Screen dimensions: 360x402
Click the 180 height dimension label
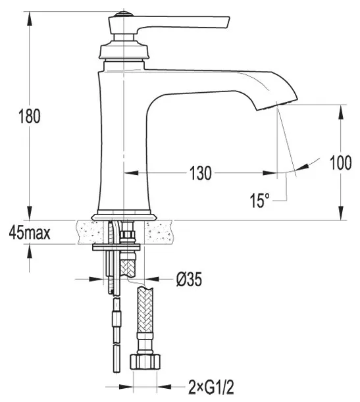pos(30,116)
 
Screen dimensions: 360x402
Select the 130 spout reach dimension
pos(201,173)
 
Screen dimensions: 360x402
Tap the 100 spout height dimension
pos(340,163)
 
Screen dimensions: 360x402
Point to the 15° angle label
pos(260,200)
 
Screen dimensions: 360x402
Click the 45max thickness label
pos(30,233)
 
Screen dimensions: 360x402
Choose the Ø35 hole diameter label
pos(189,279)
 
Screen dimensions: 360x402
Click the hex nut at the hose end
pos(145,361)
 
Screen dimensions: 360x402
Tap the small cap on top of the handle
pos(124,14)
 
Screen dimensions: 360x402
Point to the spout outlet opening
pos(278,105)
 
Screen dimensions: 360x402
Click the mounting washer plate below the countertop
pos(116,247)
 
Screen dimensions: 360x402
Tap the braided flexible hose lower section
pos(145,309)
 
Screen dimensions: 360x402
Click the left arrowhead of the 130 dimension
pos(131,173)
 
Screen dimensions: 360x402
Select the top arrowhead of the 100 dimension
pos(340,112)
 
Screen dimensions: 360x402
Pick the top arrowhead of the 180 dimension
pos(30,18)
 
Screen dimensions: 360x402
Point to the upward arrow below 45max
pos(30,251)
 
